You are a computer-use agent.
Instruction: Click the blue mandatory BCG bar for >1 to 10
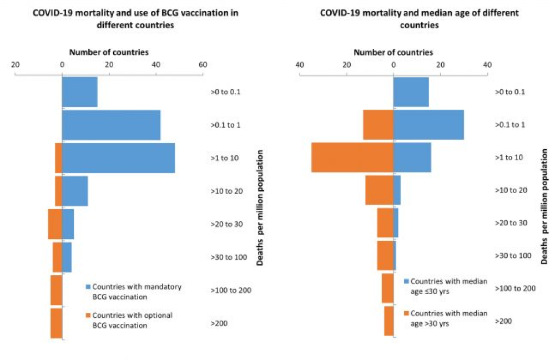[x=118, y=158]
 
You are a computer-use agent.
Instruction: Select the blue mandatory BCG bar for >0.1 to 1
[x=111, y=125]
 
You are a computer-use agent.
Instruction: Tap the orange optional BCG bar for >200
[x=56, y=323]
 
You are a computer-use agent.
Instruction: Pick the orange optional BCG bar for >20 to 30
[x=54, y=224]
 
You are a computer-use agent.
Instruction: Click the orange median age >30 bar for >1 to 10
[x=352, y=158]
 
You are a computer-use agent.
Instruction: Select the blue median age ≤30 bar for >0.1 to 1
[x=428, y=125]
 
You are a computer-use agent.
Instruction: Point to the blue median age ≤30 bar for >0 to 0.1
[x=411, y=92]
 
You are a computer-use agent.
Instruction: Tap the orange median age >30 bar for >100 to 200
[x=387, y=288]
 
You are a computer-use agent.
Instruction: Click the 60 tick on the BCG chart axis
[x=203, y=64]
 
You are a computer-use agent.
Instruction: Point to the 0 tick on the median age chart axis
[x=393, y=64]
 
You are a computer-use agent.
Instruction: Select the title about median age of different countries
[x=419, y=18]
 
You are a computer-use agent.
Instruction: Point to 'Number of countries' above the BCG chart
[x=109, y=52]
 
